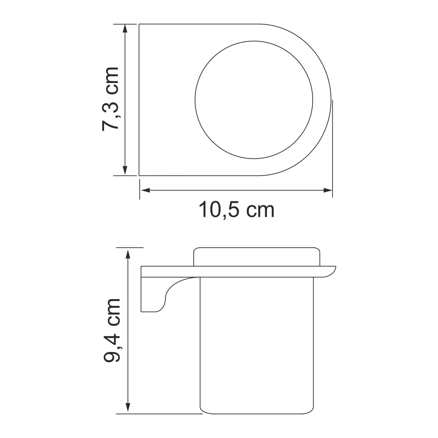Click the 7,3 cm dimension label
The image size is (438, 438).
[x=111, y=99]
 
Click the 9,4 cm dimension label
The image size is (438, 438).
[x=112, y=330]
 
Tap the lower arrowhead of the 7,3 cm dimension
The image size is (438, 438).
[x=125, y=171]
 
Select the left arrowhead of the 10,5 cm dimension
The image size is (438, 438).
[x=146, y=190]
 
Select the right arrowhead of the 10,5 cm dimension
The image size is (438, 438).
[x=328, y=190]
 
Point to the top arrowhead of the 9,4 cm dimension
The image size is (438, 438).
[x=128, y=253]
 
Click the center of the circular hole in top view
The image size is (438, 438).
[x=254, y=100]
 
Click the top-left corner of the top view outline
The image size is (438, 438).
[x=139, y=24]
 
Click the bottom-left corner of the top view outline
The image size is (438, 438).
[x=139, y=176]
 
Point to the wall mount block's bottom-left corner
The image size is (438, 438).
[x=141, y=312]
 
